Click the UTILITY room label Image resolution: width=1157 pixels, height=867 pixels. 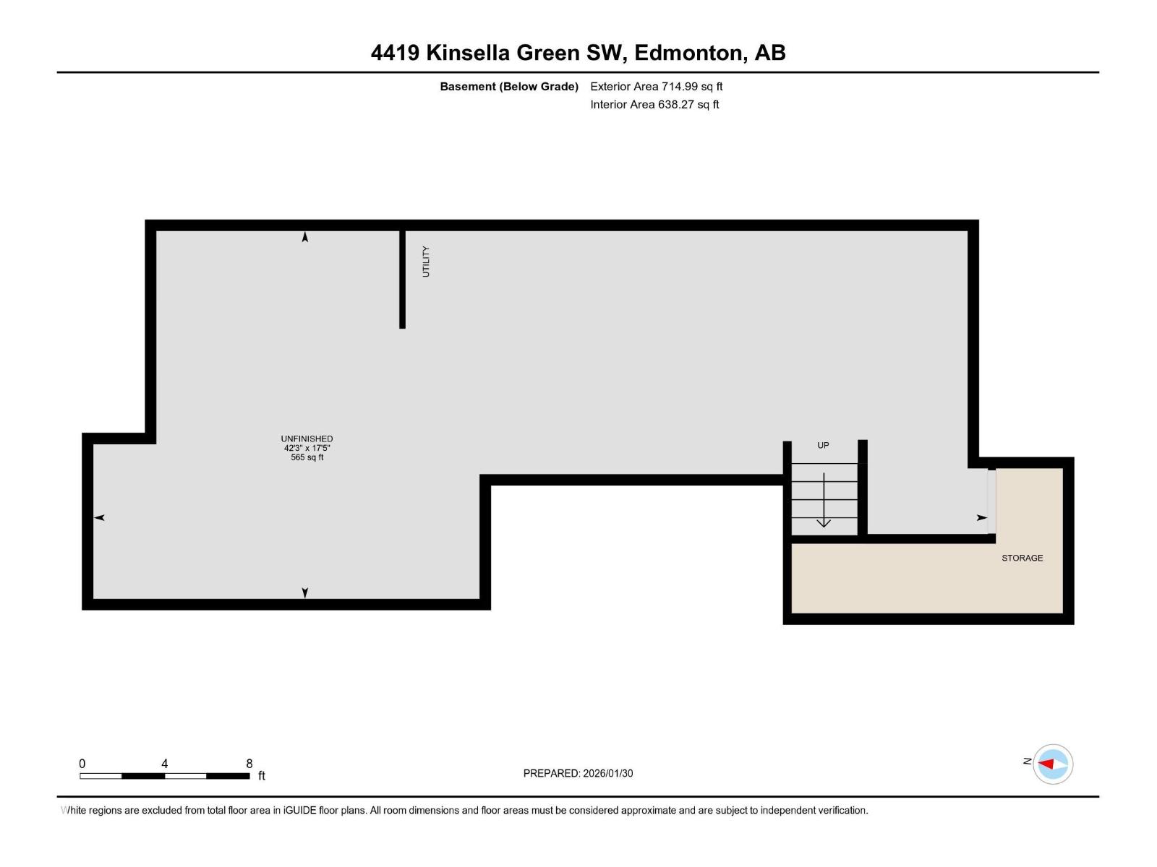coord(426,262)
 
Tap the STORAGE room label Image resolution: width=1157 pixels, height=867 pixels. coord(1022,558)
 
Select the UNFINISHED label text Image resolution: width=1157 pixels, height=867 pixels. coord(307,439)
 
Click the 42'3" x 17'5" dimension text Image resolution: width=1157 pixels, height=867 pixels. coord(307,448)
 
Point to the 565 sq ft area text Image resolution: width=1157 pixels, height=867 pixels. coord(307,457)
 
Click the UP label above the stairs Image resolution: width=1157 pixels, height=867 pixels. coord(823,445)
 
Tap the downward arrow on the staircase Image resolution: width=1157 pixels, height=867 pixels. coord(824,501)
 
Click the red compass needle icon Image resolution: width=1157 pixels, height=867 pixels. coord(1046,764)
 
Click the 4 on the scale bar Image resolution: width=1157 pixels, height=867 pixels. coord(165,764)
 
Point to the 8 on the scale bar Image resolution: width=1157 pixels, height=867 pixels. coord(249,764)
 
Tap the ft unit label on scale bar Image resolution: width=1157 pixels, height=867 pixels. coord(262,776)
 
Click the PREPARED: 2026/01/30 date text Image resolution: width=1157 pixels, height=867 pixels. coord(578,773)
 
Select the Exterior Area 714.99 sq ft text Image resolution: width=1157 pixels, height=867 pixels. coord(656,87)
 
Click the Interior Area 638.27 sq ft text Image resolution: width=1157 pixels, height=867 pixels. coord(654,105)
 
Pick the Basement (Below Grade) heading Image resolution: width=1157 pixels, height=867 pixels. coord(509,87)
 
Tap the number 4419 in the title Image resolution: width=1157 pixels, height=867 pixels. coord(395,53)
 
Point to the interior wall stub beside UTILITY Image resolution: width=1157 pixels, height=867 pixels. coord(402,279)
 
